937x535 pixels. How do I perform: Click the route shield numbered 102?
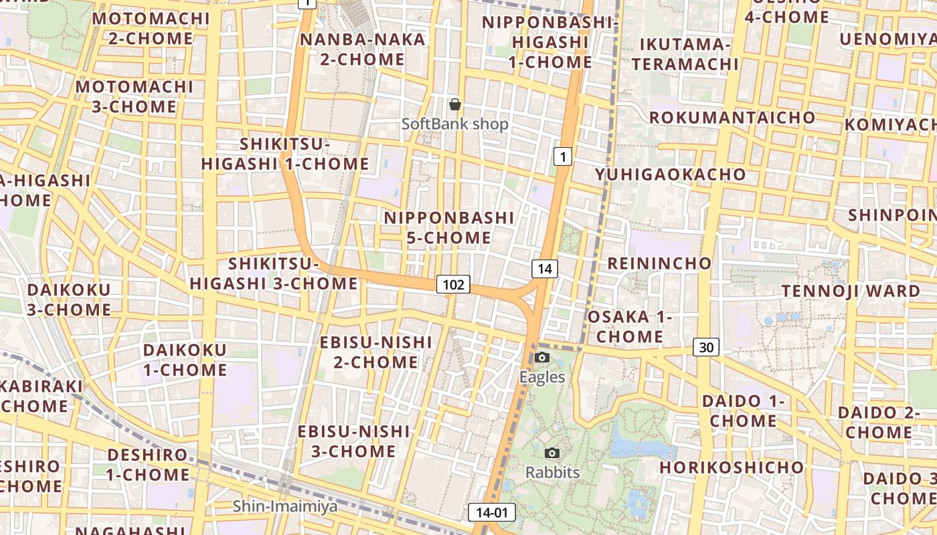(453, 285)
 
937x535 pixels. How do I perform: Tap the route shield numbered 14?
(545, 269)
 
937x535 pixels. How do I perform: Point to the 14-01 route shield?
(492, 513)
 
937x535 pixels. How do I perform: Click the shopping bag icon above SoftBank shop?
(455, 104)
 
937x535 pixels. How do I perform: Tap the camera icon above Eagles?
(543, 358)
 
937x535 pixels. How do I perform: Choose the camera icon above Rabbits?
(552, 453)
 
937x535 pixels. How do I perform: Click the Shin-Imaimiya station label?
(285, 506)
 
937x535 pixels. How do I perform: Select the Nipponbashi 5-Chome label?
(449, 227)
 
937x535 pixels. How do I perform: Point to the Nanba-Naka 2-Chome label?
(362, 49)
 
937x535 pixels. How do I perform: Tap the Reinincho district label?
(659, 263)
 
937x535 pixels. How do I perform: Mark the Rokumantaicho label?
(732, 118)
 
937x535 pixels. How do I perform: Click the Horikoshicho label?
(732, 467)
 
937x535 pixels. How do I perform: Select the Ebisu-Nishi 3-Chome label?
(353, 441)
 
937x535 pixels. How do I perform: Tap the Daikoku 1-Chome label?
(185, 360)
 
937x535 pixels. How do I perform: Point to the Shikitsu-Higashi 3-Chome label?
(274, 274)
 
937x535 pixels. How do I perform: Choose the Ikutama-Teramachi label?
(685, 54)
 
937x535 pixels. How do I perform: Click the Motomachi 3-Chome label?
(134, 96)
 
